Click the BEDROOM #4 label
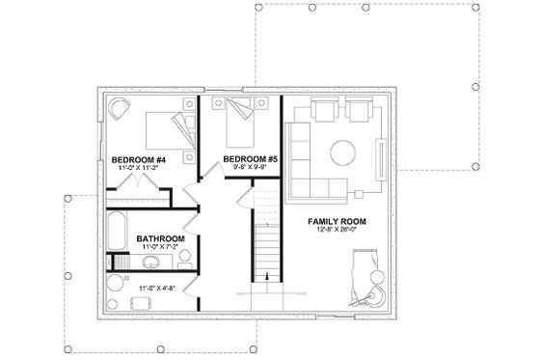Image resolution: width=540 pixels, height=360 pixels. pos(140,159)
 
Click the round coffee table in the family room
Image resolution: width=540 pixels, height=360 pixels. pos(344,154)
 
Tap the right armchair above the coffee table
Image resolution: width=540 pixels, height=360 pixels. pos(360,111)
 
